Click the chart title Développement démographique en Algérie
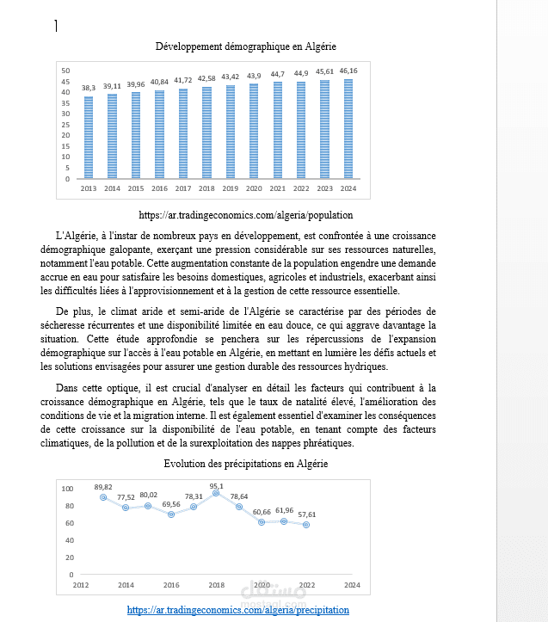245,46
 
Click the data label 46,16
348,71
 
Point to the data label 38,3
89,88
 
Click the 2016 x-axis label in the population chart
159,188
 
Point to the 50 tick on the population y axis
65,71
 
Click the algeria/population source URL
245,215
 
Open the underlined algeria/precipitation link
238,610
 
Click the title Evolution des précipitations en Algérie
245,464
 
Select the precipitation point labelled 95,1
216,493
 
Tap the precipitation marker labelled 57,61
306,524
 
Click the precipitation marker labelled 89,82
103,496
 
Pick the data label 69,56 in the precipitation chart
171,504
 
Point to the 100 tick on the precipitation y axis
67,489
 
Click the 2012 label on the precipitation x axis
80,585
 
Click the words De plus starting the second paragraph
72,311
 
